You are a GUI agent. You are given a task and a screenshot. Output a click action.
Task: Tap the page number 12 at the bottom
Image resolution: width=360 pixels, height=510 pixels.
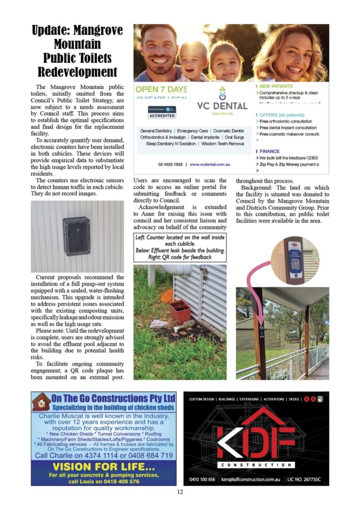(180, 492)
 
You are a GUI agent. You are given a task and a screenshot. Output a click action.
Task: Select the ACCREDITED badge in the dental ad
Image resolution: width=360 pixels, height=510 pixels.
(162, 116)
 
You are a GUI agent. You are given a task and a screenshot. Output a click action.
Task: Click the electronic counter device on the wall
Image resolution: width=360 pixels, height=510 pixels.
(77, 236)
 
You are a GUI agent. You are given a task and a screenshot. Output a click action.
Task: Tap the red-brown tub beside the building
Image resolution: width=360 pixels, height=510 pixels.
(180, 312)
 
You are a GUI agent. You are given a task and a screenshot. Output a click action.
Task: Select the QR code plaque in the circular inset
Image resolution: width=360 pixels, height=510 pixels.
(295, 258)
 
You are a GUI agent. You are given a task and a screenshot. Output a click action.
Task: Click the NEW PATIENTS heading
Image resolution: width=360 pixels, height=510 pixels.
(276, 86)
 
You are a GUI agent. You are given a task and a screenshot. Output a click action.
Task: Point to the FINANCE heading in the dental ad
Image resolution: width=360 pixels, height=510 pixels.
(269, 151)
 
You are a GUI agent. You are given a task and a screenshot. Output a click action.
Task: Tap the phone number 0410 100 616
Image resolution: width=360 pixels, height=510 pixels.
(202, 479)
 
